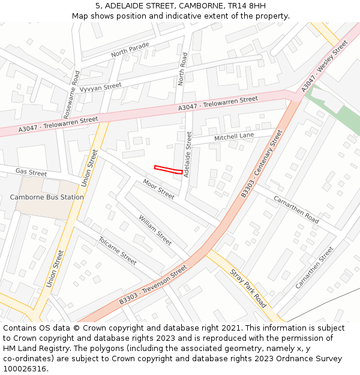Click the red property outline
[169, 170]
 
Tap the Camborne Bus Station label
[47, 197]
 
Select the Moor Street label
[158, 189]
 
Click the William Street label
[155, 230]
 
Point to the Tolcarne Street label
[117, 250]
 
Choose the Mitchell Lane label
[234, 137]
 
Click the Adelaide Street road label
[188, 155]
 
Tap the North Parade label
[130, 50]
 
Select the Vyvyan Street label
[100, 87]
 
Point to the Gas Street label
[31, 173]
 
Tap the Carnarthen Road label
[296, 209]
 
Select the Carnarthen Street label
[314, 268]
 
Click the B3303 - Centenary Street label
[262, 163]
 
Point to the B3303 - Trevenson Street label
[153, 285]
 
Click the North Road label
[184, 69]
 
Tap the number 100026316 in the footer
[25, 368]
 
